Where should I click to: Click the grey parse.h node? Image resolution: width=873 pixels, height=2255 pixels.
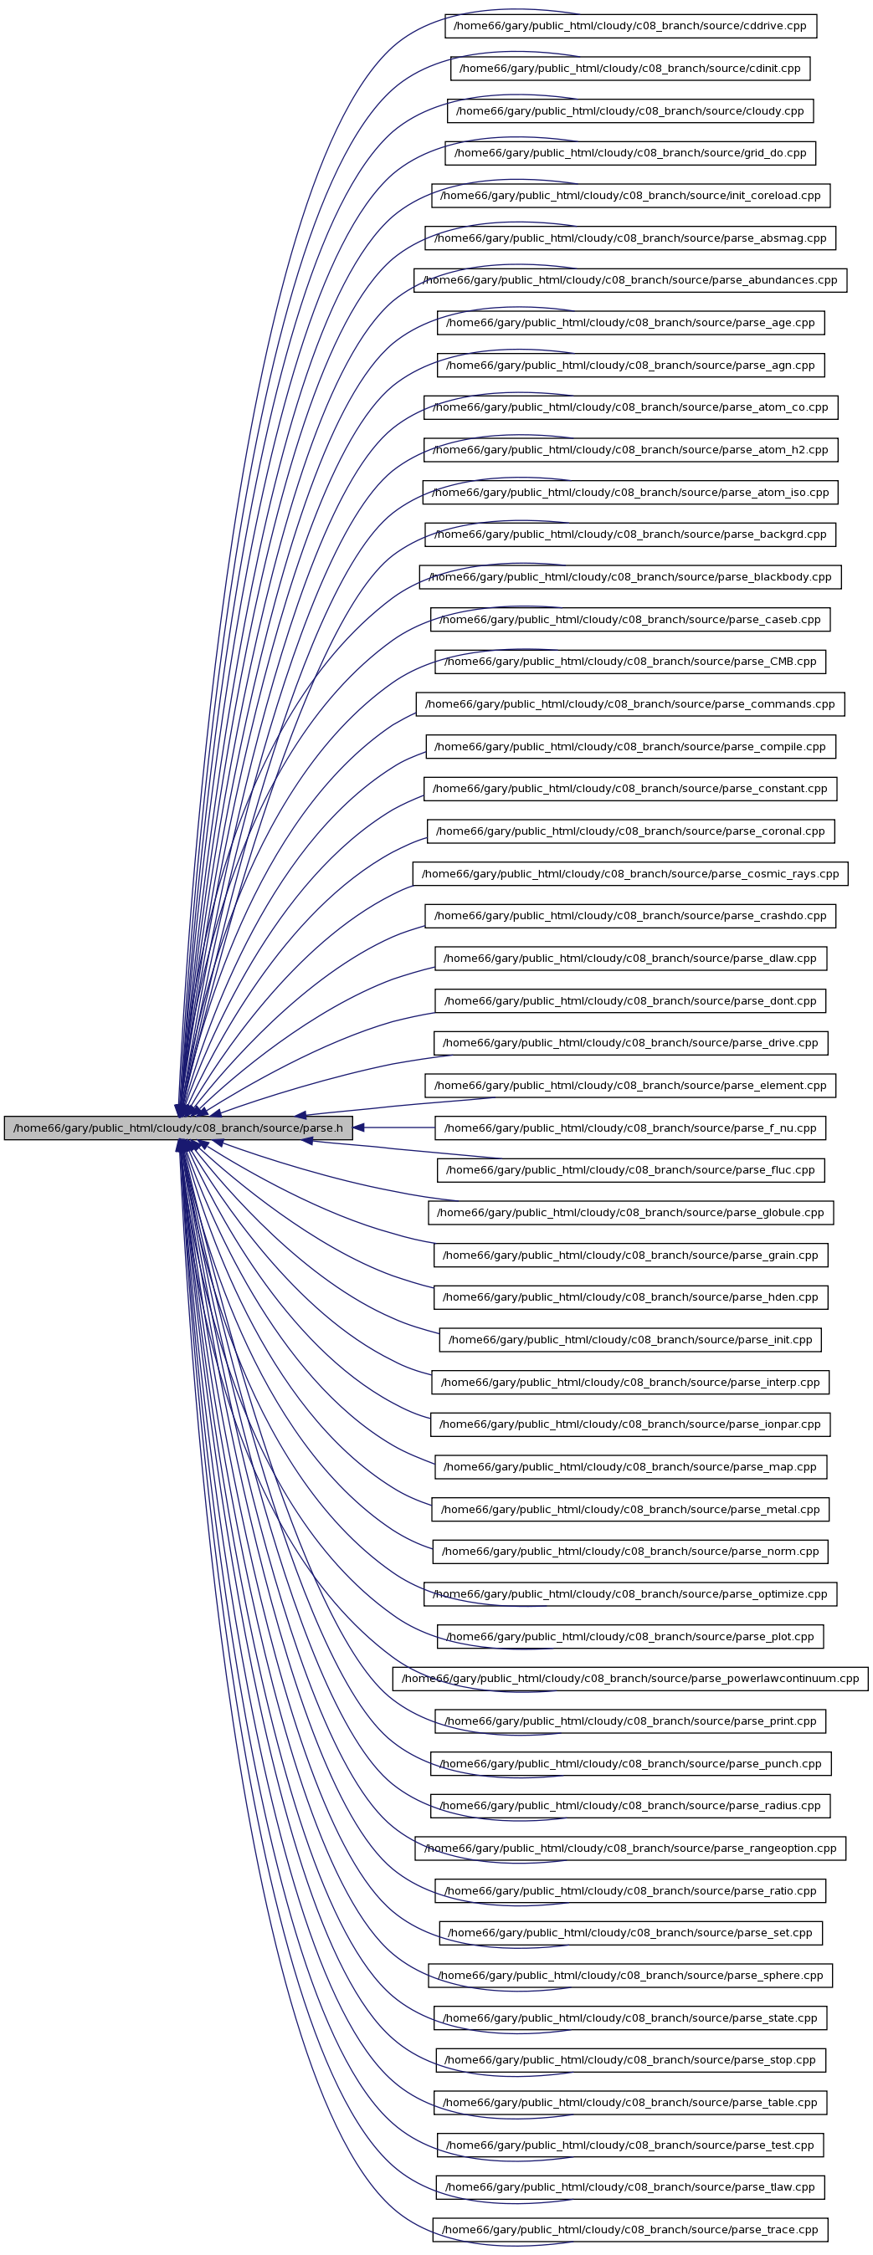coord(178,1127)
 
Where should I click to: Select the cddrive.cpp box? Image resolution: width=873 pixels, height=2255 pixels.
coord(630,25)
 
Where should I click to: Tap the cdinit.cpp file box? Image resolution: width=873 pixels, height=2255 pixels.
coord(630,69)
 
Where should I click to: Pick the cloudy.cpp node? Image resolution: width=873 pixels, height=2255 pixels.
coord(630,110)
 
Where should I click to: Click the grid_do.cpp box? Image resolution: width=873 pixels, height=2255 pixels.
coord(630,153)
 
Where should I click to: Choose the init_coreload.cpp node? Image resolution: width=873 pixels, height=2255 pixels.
coord(630,195)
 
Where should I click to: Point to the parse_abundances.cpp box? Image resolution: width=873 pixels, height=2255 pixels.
coord(630,280)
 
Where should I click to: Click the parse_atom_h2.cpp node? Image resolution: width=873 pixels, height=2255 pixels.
coord(630,450)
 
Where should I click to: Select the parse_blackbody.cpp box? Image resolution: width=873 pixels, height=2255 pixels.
coord(630,577)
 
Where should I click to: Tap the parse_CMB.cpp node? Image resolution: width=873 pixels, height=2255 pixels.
coord(630,662)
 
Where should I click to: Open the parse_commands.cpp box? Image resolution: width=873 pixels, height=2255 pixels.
coord(630,703)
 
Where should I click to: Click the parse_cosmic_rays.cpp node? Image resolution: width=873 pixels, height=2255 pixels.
coord(630,873)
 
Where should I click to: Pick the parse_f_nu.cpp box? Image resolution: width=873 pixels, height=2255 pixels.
coord(630,1127)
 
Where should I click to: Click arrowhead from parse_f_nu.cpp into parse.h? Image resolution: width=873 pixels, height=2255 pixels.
coord(359,1127)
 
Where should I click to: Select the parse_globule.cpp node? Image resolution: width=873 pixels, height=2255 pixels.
coord(630,1213)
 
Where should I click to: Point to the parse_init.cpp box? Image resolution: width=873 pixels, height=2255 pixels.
coord(630,1339)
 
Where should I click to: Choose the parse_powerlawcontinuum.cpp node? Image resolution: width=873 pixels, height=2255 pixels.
coord(630,1679)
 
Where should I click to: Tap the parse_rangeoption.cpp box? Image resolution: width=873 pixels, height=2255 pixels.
coord(630,1848)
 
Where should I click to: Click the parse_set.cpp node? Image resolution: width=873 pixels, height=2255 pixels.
coord(630,1933)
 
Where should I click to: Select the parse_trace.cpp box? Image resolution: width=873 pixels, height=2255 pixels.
coord(630,2230)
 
